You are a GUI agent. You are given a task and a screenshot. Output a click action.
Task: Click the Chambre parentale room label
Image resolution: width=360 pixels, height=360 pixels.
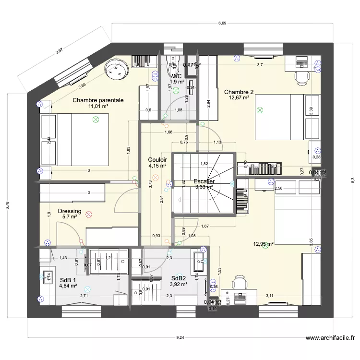pos(98,100)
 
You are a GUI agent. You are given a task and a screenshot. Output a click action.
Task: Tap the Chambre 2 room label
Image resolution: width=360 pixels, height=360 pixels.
pos(239,92)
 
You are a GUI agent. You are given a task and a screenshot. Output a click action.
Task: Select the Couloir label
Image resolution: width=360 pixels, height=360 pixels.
pos(157,159)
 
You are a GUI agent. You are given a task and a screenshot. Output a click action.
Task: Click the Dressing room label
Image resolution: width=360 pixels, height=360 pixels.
pos(70,211)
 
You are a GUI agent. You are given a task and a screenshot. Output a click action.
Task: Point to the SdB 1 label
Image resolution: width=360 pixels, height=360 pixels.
pos(68,280)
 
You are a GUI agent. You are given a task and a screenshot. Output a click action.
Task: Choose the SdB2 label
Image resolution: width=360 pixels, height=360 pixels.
pos(178,278)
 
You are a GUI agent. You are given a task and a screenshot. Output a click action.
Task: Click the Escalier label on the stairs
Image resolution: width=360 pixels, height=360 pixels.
pos(204,181)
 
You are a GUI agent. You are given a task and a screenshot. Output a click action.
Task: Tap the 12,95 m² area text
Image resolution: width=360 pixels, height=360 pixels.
pos(263,244)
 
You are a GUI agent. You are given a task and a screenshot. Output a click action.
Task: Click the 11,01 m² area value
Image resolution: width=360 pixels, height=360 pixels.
pos(98,107)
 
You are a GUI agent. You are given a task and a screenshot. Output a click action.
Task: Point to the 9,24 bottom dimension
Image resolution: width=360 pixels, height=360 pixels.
pos(180,337)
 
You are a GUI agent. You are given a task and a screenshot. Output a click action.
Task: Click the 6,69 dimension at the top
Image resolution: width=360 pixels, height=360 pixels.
pos(222,23)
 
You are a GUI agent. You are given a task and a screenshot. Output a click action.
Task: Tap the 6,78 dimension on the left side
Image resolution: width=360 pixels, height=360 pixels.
pos(7,205)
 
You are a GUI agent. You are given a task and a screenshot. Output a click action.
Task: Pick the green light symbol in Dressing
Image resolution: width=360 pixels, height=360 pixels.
pos(88,215)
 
